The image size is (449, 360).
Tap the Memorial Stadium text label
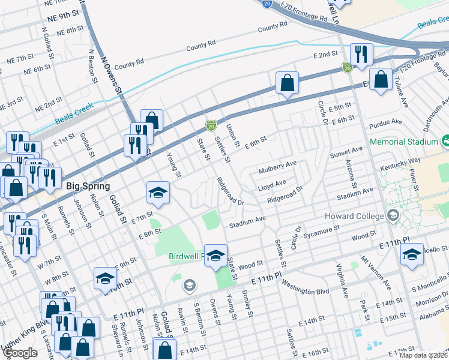click(404, 142)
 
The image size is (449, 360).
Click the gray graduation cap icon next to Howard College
click(393, 215)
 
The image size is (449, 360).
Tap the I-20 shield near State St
click(211, 125)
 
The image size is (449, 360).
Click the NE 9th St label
click(63, 19)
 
